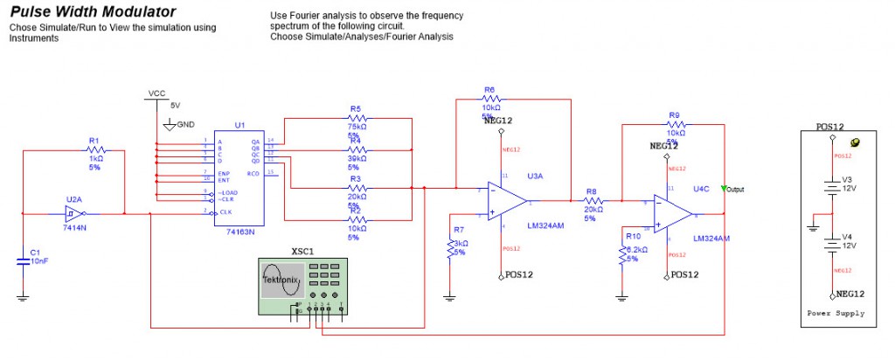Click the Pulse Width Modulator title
click(x=92, y=12)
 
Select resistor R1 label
click(x=94, y=140)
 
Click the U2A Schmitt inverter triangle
click(x=76, y=213)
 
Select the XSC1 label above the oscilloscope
click(x=302, y=250)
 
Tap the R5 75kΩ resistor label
click(x=356, y=109)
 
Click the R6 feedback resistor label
click(x=489, y=90)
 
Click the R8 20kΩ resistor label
click(x=591, y=190)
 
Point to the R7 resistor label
click(x=460, y=229)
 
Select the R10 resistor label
click(x=631, y=236)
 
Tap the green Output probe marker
click(x=724, y=188)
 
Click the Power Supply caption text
click(x=836, y=313)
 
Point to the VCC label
click(x=156, y=93)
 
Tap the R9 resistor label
click(x=674, y=115)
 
